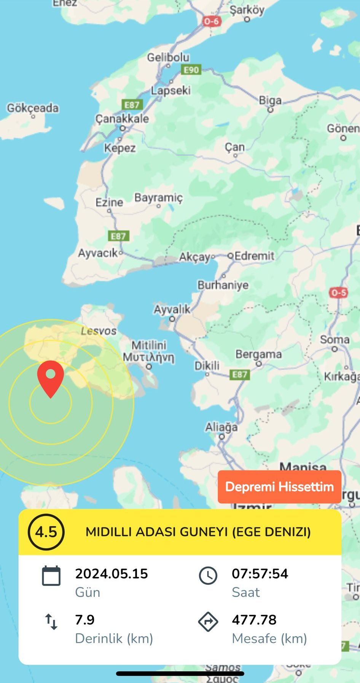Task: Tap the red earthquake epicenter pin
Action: pos(51,377)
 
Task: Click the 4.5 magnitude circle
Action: pos(46,532)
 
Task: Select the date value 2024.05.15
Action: pos(112,573)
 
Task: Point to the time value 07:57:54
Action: pos(260,573)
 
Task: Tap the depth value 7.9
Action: pos(85,620)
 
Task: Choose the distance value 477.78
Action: pos(254,620)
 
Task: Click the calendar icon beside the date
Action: pos(51,576)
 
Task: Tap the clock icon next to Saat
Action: pos(208,576)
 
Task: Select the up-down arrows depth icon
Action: pos(51,622)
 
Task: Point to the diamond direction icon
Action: pos(208,622)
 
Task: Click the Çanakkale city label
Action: pos(122,119)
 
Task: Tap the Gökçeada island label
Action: pos(33,108)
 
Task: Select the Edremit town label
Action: pos(254,256)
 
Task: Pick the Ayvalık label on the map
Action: pos(172,310)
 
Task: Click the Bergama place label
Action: pos(259,354)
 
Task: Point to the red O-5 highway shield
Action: pos(338,293)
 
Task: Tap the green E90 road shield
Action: pos(191,70)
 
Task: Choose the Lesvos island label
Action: pos(99,331)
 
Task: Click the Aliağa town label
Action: pos(221,427)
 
